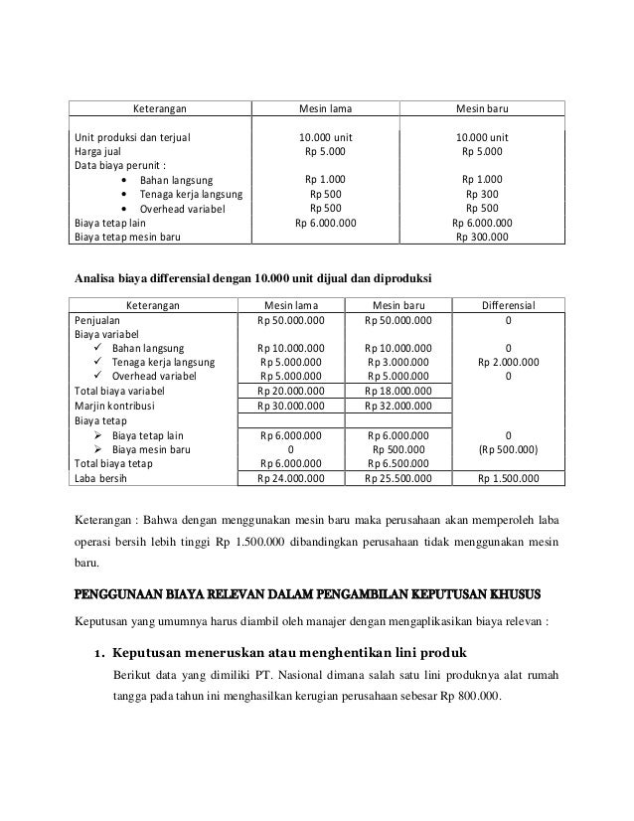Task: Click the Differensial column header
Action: click(x=510, y=306)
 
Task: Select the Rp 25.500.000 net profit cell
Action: click(x=398, y=478)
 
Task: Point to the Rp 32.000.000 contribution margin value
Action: click(x=398, y=407)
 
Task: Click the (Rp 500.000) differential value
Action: click(x=510, y=449)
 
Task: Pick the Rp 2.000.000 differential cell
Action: click(x=510, y=363)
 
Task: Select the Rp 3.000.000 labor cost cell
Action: click(x=398, y=363)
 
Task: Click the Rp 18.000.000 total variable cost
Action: click(x=398, y=393)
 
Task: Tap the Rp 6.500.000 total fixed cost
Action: click(x=398, y=463)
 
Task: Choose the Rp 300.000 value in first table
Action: click(x=481, y=238)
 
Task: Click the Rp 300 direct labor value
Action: click(x=482, y=195)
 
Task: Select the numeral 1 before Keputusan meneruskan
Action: click(x=97, y=653)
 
